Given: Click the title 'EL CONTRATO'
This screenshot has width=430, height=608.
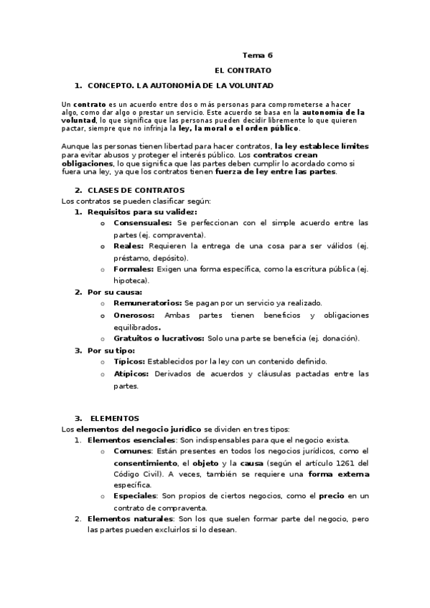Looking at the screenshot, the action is click(243, 70).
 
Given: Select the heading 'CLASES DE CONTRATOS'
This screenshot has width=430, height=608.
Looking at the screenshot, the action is click(136, 190).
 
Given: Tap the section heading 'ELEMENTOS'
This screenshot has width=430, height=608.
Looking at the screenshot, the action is click(115, 418).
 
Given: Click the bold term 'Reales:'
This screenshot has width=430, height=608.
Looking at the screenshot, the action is click(129, 246).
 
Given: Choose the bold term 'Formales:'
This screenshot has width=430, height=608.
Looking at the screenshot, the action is click(134, 269).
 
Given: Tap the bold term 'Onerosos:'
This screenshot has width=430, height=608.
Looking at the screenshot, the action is click(134, 315).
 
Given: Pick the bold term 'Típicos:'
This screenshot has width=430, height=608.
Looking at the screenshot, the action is click(130, 361).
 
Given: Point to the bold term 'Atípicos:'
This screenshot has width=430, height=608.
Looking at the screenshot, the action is click(131, 374).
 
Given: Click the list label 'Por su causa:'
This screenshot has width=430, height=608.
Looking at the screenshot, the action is click(115, 292).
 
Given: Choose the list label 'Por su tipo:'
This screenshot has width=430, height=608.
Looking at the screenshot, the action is click(111, 350).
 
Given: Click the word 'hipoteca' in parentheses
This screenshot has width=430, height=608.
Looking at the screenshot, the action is click(129, 280).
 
